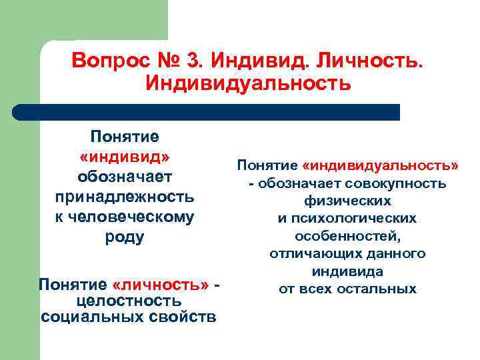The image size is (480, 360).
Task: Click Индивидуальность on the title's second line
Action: [247, 85]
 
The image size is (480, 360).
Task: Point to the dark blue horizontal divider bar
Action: [207, 112]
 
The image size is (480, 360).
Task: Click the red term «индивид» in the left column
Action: [125, 157]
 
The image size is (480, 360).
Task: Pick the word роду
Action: [125, 237]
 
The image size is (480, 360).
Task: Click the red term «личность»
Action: [166, 285]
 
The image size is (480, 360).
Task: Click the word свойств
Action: [190, 316]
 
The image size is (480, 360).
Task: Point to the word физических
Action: [347, 201]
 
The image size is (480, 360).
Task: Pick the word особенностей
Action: [347, 236]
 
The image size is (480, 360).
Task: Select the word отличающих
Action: [309, 253]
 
